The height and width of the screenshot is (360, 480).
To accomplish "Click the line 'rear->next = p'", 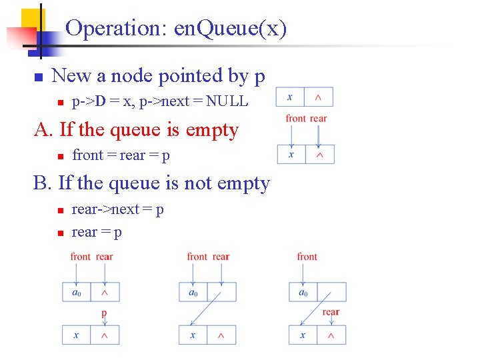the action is click(118, 209).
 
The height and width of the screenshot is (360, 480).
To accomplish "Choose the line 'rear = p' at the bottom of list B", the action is click(97, 232).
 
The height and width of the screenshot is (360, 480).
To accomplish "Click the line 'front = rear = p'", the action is click(121, 155).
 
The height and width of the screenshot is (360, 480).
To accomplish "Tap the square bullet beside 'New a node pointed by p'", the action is click(38, 77).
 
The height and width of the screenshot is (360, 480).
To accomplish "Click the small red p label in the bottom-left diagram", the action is click(104, 313).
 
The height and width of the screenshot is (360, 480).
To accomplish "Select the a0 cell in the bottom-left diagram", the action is click(76, 292).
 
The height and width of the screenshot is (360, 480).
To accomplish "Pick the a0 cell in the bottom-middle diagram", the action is click(193, 292).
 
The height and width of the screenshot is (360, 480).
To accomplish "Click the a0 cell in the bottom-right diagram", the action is click(303, 292).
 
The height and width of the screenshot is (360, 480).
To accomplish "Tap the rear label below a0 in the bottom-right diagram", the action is click(331, 312).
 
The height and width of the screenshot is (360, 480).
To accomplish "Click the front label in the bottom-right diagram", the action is click(307, 257).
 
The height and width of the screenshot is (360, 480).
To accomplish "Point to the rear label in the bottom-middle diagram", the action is click(221, 257).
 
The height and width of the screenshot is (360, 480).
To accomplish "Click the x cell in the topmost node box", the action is click(290, 97).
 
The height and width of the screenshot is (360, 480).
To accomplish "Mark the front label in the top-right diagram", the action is click(295, 119).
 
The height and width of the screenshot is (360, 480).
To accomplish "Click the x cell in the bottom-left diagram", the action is click(76, 335).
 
